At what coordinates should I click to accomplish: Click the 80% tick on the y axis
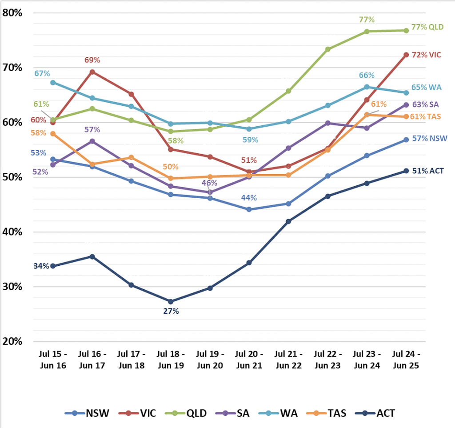point(12,13)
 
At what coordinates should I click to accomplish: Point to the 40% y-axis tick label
point(12,232)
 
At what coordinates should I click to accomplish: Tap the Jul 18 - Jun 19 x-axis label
point(171,360)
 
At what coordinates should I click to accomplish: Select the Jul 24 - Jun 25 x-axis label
point(406,360)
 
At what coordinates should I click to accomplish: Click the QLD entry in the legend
point(186,413)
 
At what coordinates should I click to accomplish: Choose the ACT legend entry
point(375,413)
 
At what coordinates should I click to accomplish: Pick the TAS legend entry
point(327,413)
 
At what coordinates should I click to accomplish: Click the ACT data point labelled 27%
point(171,301)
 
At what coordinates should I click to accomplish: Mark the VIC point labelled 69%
point(92,72)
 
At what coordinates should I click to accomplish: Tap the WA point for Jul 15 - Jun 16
point(53,83)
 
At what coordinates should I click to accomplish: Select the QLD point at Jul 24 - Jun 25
point(406,31)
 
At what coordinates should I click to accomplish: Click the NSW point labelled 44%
point(249,209)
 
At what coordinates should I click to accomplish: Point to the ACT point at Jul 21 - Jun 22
point(288,221)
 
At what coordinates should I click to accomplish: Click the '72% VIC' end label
point(426,55)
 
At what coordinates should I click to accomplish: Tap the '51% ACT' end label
point(428,171)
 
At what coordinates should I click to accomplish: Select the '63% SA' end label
point(425,104)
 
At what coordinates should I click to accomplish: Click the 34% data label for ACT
point(41,266)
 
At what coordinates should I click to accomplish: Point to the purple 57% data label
point(92,129)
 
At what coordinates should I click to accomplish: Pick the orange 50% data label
point(170,167)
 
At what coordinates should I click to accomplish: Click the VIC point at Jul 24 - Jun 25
point(406,55)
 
